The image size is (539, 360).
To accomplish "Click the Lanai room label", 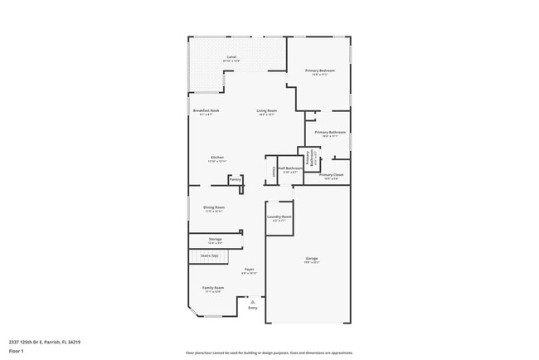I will (x=231, y=57).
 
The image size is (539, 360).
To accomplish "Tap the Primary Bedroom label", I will (x=319, y=71).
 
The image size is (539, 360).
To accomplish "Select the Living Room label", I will (x=266, y=110).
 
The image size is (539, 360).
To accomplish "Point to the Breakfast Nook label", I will (x=206, y=110).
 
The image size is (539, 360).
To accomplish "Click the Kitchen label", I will (x=216, y=158).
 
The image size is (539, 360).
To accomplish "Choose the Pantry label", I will (x=236, y=178).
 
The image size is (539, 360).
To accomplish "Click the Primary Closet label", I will (x=331, y=175).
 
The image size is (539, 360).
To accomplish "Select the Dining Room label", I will (x=215, y=207).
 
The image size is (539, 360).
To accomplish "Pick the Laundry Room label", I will (x=279, y=217).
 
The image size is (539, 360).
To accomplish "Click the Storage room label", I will (x=215, y=239).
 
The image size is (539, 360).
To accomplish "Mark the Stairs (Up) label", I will (x=210, y=255).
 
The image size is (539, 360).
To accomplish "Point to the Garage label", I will (x=312, y=260).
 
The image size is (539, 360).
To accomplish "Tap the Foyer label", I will (x=249, y=270).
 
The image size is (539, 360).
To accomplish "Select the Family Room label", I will (x=213, y=288).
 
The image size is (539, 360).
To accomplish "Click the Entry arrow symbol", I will (x=253, y=302).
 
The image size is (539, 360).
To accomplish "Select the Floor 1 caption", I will (x=17, y=351).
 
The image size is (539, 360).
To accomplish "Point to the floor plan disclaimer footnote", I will (x=269, y=353).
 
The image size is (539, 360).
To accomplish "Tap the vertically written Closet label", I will (x=274, y=172).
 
